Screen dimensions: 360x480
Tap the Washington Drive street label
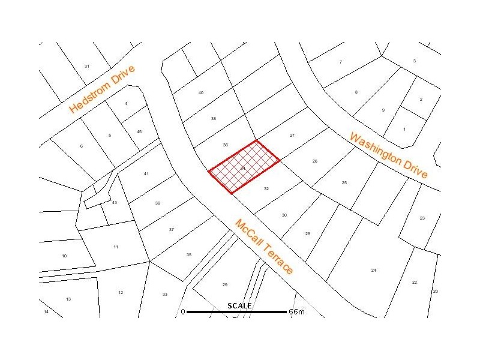389,155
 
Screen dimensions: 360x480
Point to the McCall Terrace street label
264,247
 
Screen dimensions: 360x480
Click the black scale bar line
236,312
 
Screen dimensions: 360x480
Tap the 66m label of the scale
296,312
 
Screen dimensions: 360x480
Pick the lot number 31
87,66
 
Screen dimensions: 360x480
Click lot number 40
201,92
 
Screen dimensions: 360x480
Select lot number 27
292,135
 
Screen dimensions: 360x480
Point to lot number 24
374,270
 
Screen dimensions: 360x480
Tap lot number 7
340,62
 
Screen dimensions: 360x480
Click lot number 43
115,202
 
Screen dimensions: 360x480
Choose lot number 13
68,299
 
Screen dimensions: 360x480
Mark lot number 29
225,284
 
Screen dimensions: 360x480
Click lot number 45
139,131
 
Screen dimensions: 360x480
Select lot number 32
266,188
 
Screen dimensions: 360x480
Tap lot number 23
422,218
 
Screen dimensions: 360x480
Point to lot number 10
64,256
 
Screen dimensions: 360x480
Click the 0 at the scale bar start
183,312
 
